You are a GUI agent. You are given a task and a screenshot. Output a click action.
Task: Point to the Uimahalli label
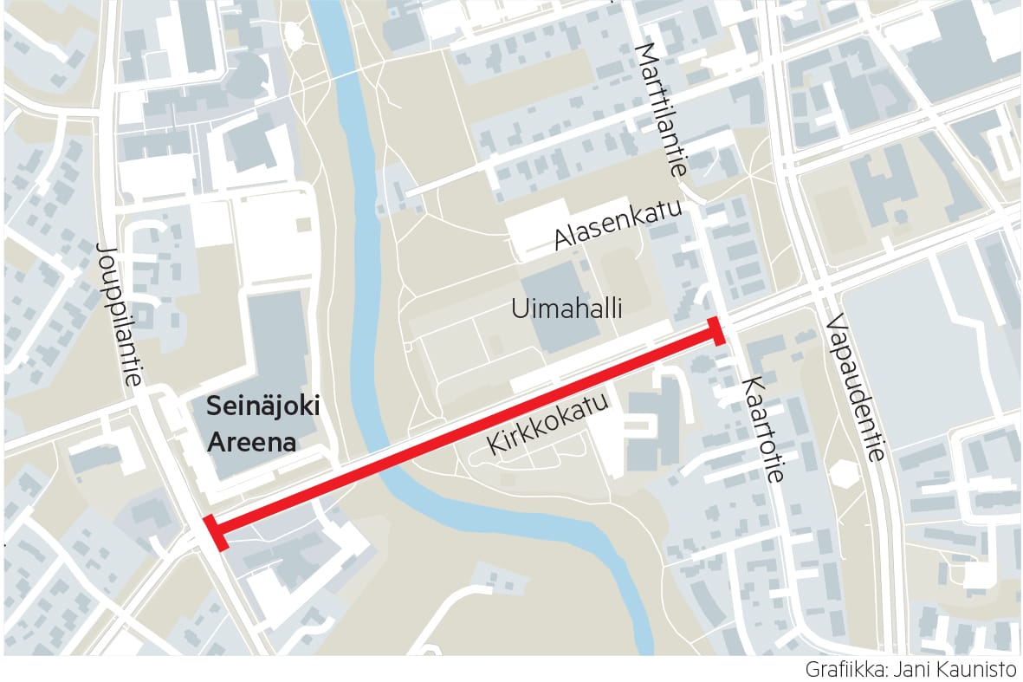567,309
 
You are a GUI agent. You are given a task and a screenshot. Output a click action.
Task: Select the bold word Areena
251,442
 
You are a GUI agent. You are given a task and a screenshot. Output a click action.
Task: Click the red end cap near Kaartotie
717,331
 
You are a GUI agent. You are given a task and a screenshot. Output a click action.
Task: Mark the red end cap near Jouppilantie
215,532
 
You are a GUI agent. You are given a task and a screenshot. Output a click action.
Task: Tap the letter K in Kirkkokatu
496,445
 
